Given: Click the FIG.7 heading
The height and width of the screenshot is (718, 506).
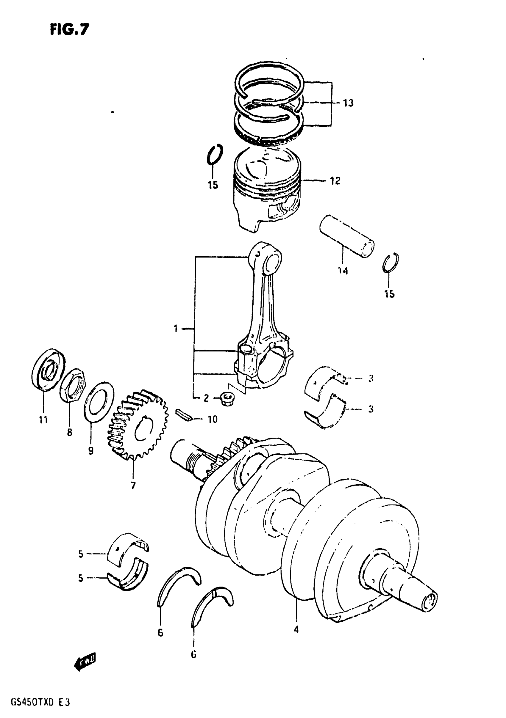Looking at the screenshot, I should coord(70,30).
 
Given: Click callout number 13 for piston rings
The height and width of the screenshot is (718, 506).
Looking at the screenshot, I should coord(348,103).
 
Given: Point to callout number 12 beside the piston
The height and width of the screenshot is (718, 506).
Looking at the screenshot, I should coord(335,181).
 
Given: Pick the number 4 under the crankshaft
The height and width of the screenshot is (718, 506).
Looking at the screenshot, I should coord(296,629).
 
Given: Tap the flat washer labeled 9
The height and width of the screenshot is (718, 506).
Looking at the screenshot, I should coord(99,402).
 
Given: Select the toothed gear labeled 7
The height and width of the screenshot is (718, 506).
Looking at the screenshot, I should coord(138,427).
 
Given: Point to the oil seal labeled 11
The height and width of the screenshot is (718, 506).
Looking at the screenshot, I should coord(48,369).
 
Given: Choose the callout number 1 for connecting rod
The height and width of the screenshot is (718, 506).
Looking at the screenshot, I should coord(176,328).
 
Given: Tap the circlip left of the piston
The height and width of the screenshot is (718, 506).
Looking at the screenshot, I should coord(215,155).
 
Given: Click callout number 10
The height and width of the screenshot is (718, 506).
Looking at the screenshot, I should coord(213,419).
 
